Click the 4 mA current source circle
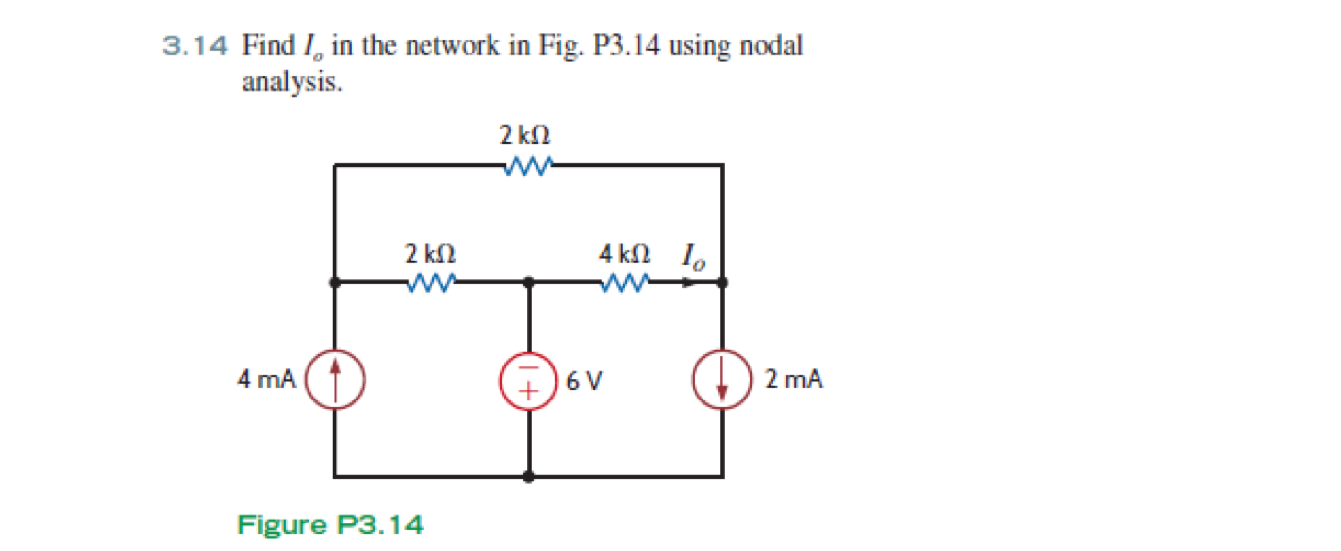pyautogui.click(x=335, y=379)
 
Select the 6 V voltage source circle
pyautogui.click(x=529, y=381)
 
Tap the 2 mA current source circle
pyautogui.click(x=722, y=379)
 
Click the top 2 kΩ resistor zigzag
pyautogui.click(x=527, y=167)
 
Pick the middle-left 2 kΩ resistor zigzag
pyautogui.click(x=431, y=283)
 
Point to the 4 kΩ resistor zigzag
pyautogui.click(x=625, y=283)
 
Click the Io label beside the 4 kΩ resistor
pyautogui.click(x=693, y=257)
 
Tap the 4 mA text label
pyautogui.click(x=267, y=379)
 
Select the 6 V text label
pyautogui.click(x=584, y=381)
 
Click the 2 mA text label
pyautogui.click(x=793, y=379)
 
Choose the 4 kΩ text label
pyautogui.click(x=624, y=254)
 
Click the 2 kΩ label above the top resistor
pyautogui.click(x=525, y=136)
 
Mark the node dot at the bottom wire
pyautogui.click(x=529, y=477)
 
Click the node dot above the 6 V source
pyautogui.click(x=529, y=282)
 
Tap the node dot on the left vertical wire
pyautogui.click(x=334, y=282)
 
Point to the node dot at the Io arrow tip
pyautogui.click(x=722, y=282)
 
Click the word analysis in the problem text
pyautogui.click(x=292, y=82)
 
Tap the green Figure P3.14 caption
pyautogui.click(x=330, y=525)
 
